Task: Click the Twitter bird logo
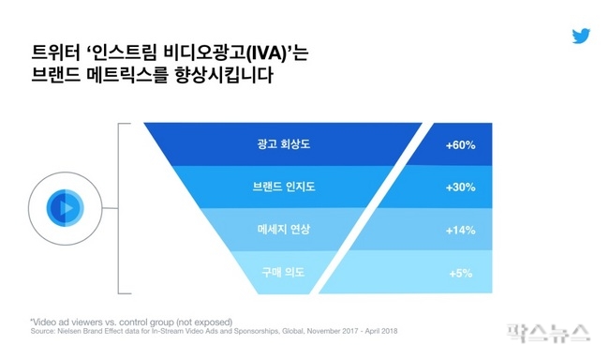pos(581,36)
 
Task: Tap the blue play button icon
pos(66,208)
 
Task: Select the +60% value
pos(461,145)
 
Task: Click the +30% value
pos(461,187)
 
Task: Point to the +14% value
pos(461,230)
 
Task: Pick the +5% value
pos(461,274)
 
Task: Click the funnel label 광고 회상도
pos(284,144)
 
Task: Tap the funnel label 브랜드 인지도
pos(284,187)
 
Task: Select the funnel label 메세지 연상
pos(284,230)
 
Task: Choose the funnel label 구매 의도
pos(283,272)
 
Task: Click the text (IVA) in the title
pos(266,53)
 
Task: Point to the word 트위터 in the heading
pos(55,52)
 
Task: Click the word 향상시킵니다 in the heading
pos(224,75)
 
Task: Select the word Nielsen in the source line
pos(69,332)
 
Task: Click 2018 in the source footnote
pos(389,332)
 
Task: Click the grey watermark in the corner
pos(548,334)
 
